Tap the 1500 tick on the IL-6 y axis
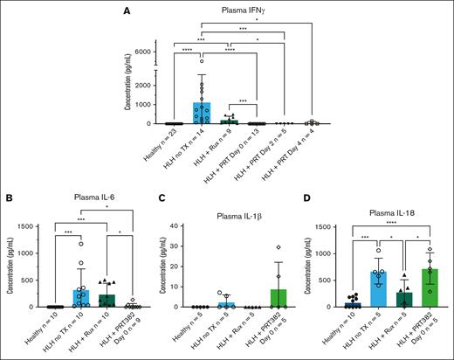coord(31,227)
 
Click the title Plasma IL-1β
coord(232,215)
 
